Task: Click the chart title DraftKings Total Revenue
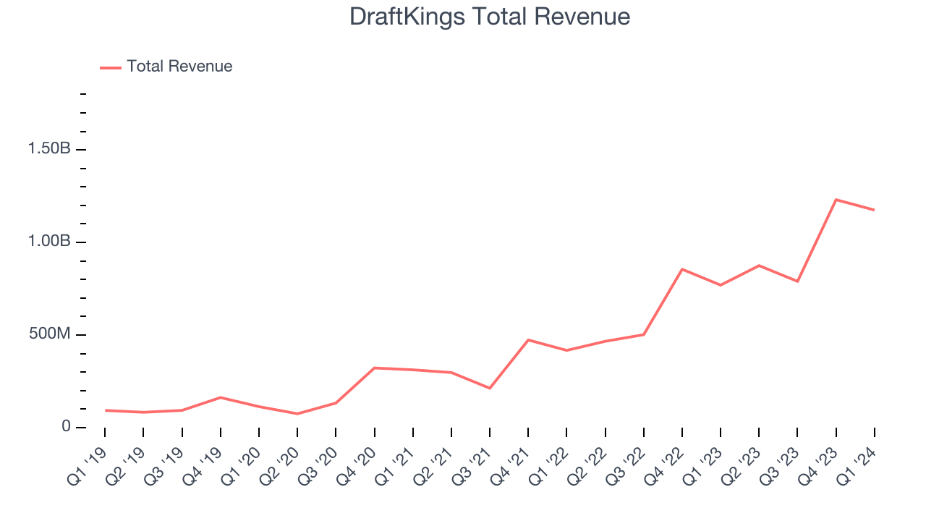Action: [490, 17]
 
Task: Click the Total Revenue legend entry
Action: [179, 67]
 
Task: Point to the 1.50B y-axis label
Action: [49, 149]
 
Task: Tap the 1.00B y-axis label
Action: [49, 242]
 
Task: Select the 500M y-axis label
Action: [49, 334]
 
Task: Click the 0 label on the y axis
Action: [66, 427]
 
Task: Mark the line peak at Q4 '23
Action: [836, 200]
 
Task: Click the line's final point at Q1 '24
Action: [874, 210]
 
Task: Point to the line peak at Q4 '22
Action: [682, 269]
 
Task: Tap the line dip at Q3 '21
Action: [490, 389]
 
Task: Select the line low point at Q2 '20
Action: [297, 414]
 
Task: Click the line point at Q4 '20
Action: [374, 368]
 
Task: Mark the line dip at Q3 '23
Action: [797, 281]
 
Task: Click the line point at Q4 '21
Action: [528, 340]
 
